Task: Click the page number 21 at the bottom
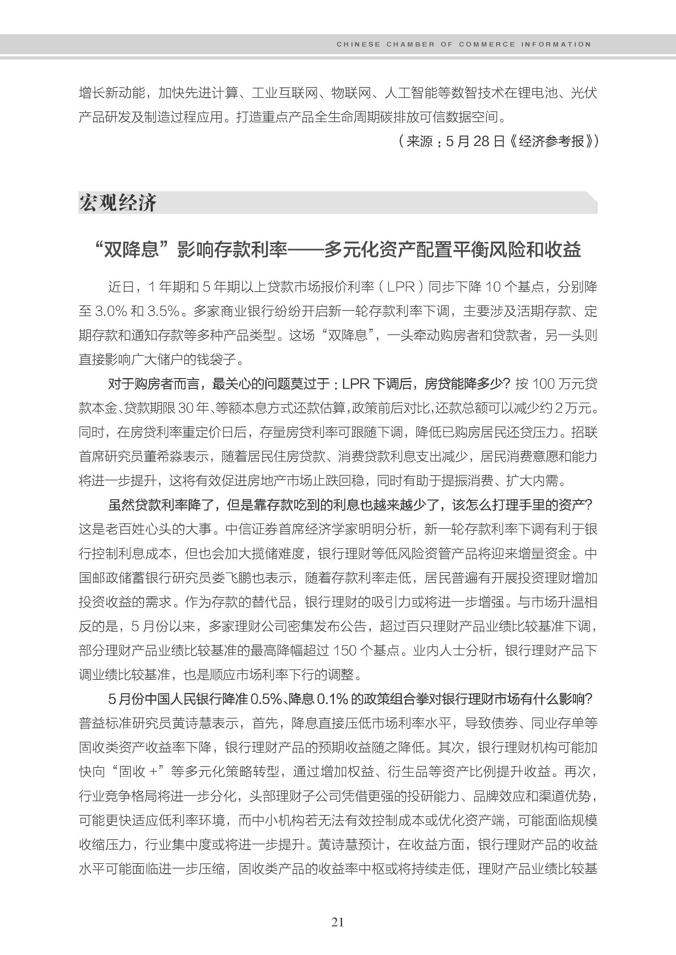tap(338, 922)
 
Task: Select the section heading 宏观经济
tap(118, 203)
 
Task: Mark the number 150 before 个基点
tap(344, 650)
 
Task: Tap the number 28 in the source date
tap(481, 142)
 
